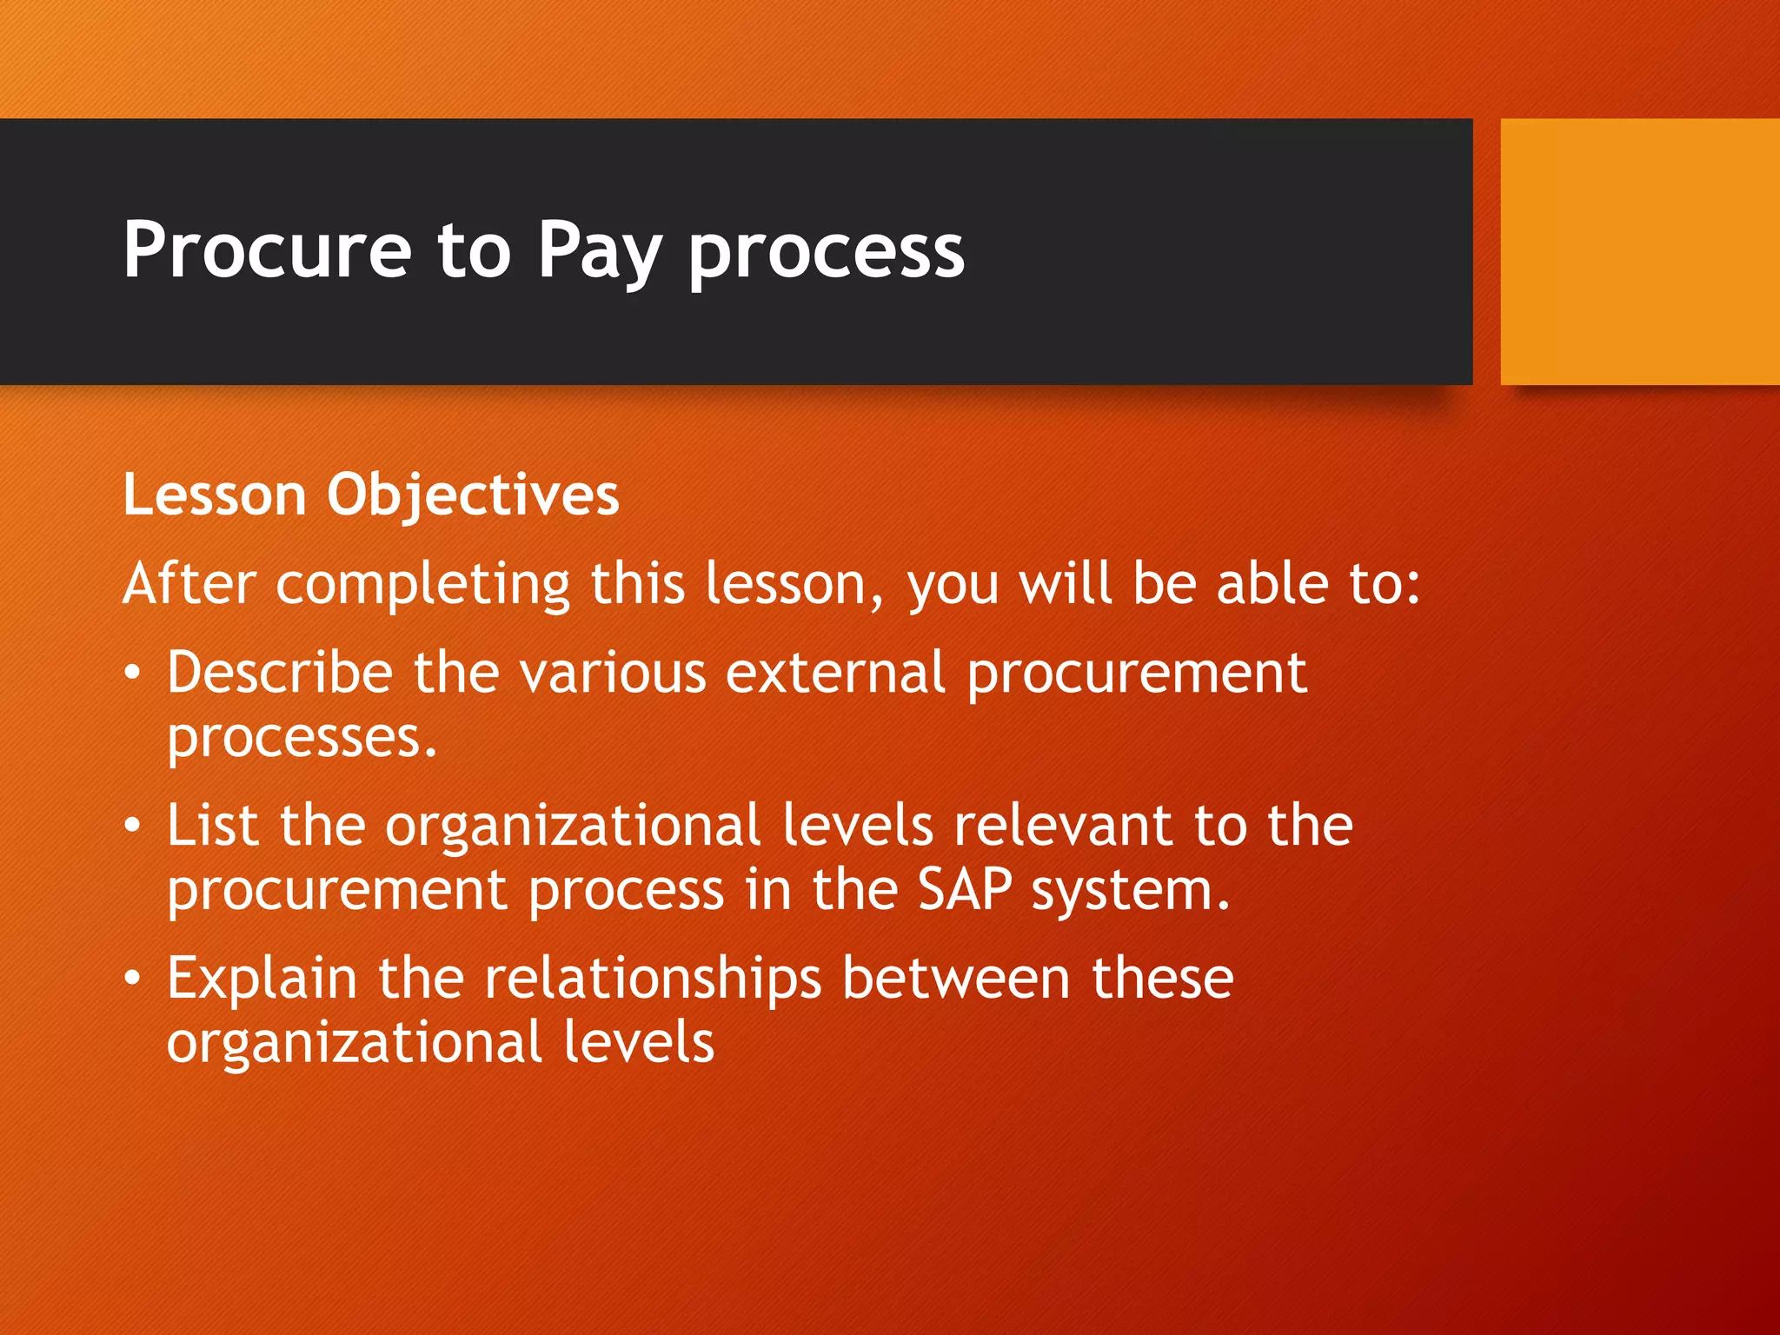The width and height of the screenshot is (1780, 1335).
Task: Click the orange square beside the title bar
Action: [1639, 251]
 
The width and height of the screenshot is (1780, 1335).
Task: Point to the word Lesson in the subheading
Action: [215, 495]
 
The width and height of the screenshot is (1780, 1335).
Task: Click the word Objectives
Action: [473, 496]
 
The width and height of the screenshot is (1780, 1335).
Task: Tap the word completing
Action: [422, 584]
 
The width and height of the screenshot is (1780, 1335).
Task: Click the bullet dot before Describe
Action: [131, 673]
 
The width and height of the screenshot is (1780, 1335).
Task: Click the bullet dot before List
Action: [131, 825]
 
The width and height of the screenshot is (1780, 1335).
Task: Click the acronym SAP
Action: [965, 890]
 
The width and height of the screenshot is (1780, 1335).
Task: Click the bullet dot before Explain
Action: [131, 978]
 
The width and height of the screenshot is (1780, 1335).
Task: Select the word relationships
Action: [653, 979]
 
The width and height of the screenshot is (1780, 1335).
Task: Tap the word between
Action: [956, 978]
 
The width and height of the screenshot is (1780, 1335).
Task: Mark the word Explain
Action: [262, 979]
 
